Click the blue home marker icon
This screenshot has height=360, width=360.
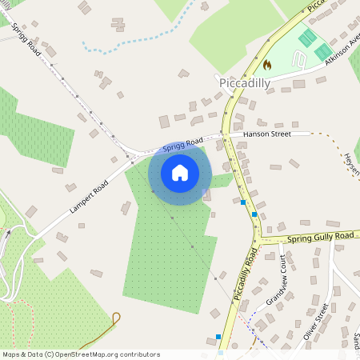(x=179, y=173)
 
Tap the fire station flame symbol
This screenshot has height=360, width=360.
(x=267, y=64)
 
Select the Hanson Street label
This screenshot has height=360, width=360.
(x=267, y=135)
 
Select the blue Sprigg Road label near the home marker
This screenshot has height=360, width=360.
(x=183, y=145)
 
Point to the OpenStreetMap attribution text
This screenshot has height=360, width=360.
(x=80, y=354)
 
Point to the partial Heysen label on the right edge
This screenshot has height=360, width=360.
(x=352, y=164)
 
